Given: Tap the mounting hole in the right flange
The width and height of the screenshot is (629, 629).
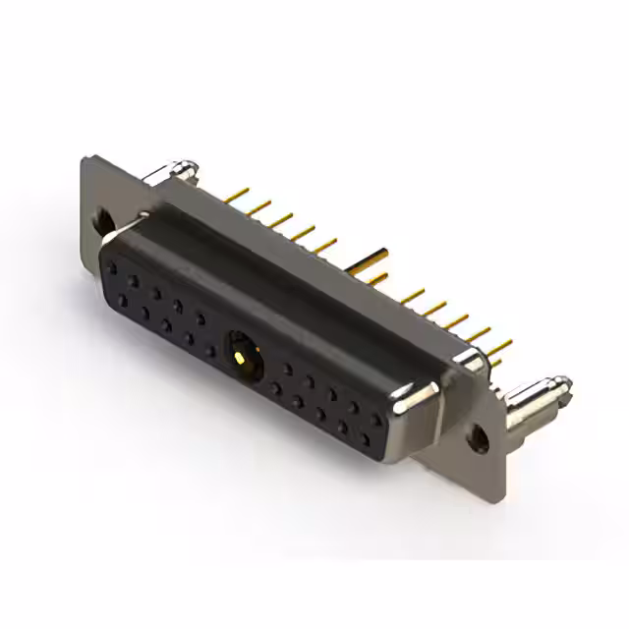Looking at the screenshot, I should coord(479,437).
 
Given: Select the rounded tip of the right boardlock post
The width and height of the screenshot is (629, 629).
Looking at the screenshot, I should coord(561,384).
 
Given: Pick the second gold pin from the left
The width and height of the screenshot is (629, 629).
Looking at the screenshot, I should coord(258,207).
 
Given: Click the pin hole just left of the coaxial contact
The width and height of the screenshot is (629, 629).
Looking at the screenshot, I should coord(209,351).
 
